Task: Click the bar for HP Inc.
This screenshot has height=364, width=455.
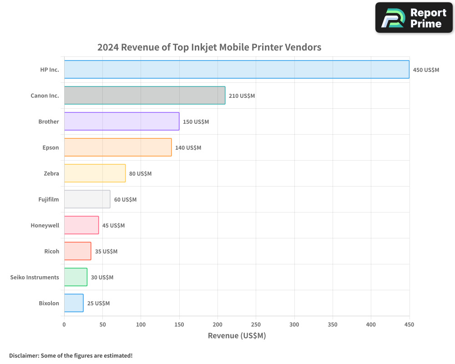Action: click(x=237, y=70)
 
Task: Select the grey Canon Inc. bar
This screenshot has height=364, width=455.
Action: click(x=145, y=96)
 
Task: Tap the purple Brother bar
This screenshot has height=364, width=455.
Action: click(x=121, y=121)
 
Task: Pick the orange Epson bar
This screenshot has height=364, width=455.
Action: click(x=118, y=147)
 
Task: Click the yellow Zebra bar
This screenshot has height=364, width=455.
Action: click(x=95, y=173)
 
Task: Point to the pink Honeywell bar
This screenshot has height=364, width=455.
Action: click(x=81, y=225)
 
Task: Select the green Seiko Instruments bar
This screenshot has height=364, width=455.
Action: click(x=76, y=277)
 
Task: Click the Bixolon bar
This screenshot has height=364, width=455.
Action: click(x=74, y=303)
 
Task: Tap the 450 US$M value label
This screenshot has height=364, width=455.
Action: click(x=426, y=70)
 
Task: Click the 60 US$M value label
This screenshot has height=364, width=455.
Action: click(x=125, y=200)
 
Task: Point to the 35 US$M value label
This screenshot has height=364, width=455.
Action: click(x=106, y=252)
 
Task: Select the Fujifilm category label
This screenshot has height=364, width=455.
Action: click(x=49, y=199)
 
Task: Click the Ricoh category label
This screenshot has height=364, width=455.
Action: click(x=51, y=251)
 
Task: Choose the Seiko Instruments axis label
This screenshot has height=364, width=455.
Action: click(x=35, y=277)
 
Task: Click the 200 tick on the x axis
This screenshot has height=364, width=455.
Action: click(x=217, y=324)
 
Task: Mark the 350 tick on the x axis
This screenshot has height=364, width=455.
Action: click(x=333, y=324)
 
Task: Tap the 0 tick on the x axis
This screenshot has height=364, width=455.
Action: click(x=64, y=324)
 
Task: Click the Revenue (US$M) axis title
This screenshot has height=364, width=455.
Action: click(x=237, y=336)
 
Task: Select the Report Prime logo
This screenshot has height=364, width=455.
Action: click(x=414, y=18)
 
